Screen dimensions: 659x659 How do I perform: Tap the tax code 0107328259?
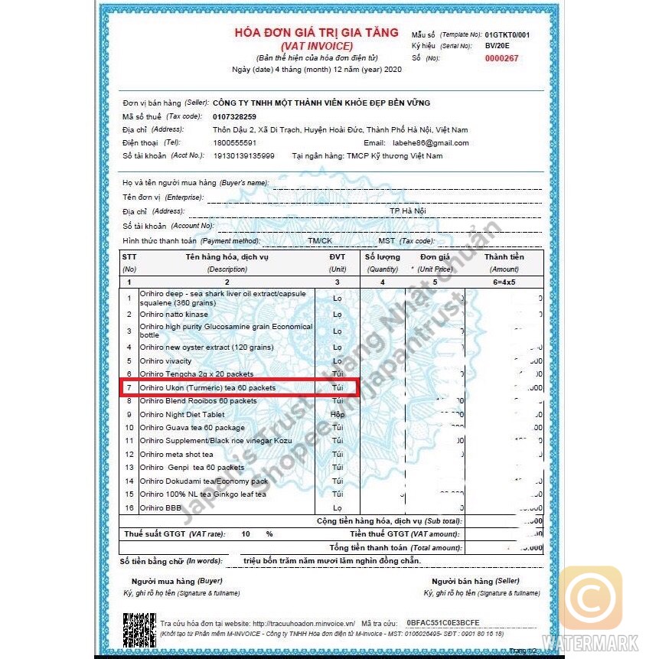coord(234,116)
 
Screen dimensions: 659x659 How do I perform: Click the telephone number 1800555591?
coord(234,142)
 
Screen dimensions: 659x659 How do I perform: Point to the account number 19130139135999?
coord(243,156)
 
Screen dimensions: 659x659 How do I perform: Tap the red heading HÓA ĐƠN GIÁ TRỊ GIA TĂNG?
coord(316,33)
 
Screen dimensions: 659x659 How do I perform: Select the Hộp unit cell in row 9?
coord(338,414)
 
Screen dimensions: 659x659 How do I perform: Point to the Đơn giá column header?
coord(435,257)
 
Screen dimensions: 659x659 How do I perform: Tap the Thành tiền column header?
coord(504,257)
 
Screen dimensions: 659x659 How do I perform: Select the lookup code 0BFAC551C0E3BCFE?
coord(443,623)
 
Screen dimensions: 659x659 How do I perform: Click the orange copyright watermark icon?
coord(590,599)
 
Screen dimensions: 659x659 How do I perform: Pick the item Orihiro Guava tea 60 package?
coord(192,428)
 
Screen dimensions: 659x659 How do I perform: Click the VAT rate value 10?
coord(246,533)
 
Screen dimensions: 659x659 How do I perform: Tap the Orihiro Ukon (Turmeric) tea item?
coord(207,388)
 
